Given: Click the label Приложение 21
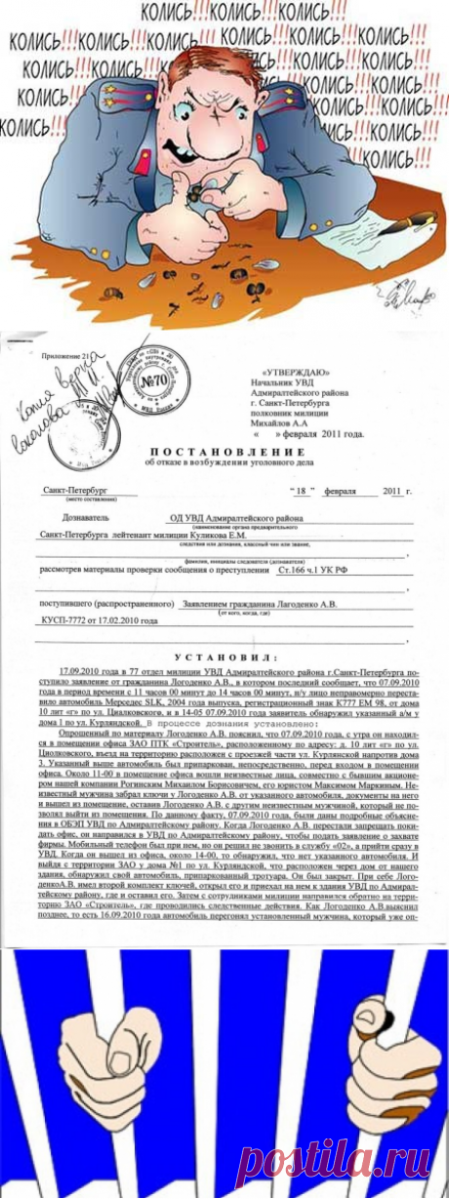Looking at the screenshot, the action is (58, 357).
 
